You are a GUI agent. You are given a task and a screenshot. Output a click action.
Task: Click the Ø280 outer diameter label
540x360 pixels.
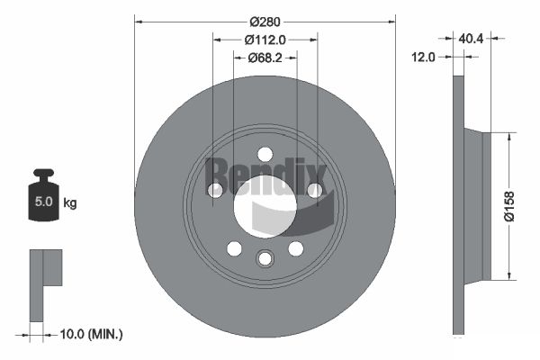pyautogui.click(x=265, y=22)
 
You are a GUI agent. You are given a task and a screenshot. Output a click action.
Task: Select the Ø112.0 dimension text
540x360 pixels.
pyautogui.click(x=265, y=40)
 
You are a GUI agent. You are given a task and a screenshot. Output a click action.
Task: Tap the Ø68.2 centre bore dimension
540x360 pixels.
pyautogui.click(x=265, y=58)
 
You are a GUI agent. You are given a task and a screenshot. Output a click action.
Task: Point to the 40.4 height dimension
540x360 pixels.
pyautogui.click(x=471, y=38)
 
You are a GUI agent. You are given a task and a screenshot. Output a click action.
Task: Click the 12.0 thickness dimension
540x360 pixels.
pyautogui.click(x=423, y=57)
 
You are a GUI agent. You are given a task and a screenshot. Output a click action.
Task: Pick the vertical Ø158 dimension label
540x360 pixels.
pyautogui.click(x=509, y=206)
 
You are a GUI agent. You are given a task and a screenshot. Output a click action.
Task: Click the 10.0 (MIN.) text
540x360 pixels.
pyautogui.click(x=91, y=334)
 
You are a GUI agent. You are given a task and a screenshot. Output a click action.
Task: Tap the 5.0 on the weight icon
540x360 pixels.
pyautogui.click(x=44, y=202)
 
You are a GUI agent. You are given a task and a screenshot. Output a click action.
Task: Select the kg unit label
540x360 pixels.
pyautogui.click(x=70, y=202)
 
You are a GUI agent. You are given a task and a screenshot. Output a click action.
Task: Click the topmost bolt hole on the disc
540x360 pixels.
pyautogui.click(x=265, y=154)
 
